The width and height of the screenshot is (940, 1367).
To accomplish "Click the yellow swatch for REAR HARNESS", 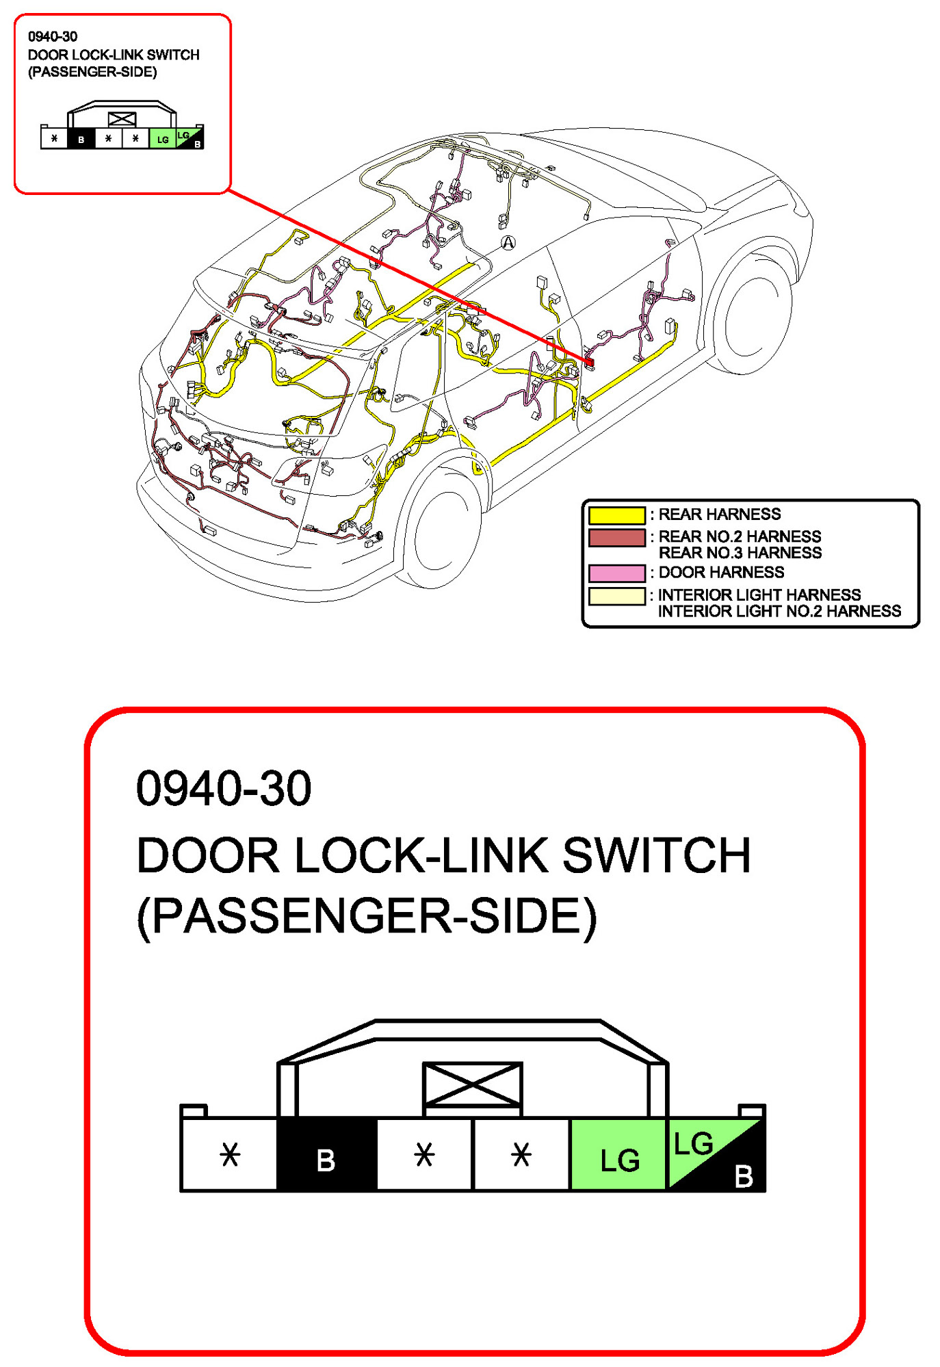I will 616,515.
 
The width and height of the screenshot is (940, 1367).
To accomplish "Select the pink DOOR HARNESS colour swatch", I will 616,573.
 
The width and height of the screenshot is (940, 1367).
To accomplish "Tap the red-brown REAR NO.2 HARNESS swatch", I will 616,538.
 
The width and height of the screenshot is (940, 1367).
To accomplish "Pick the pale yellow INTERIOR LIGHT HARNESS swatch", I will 616,596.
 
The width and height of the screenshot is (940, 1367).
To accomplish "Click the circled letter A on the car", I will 508,242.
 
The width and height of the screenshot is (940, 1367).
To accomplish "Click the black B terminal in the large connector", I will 326,1155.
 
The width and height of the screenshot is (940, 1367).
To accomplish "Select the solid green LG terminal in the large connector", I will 618,1155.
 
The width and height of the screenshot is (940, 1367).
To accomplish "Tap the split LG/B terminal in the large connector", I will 716,1155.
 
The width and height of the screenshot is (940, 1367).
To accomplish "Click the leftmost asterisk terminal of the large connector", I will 230,1155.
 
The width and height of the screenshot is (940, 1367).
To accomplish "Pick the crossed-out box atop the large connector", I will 472,1084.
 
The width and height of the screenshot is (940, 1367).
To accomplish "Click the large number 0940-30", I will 224,788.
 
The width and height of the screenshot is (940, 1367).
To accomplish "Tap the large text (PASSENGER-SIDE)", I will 367,916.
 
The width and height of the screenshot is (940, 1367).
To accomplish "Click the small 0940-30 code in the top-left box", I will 53,37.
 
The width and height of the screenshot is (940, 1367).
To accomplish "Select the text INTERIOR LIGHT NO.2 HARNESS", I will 779,611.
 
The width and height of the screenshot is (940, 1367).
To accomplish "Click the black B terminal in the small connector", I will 81,139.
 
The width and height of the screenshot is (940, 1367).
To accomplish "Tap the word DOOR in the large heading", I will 207,855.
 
